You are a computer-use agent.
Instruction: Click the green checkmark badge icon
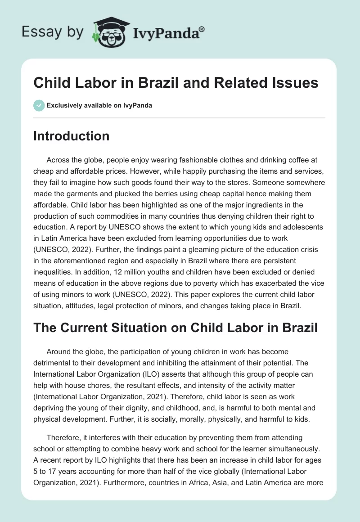pyautogui.click(x=39, y=105)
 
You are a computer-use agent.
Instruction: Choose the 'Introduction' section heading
pyautogui.click(x=71, y=136)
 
